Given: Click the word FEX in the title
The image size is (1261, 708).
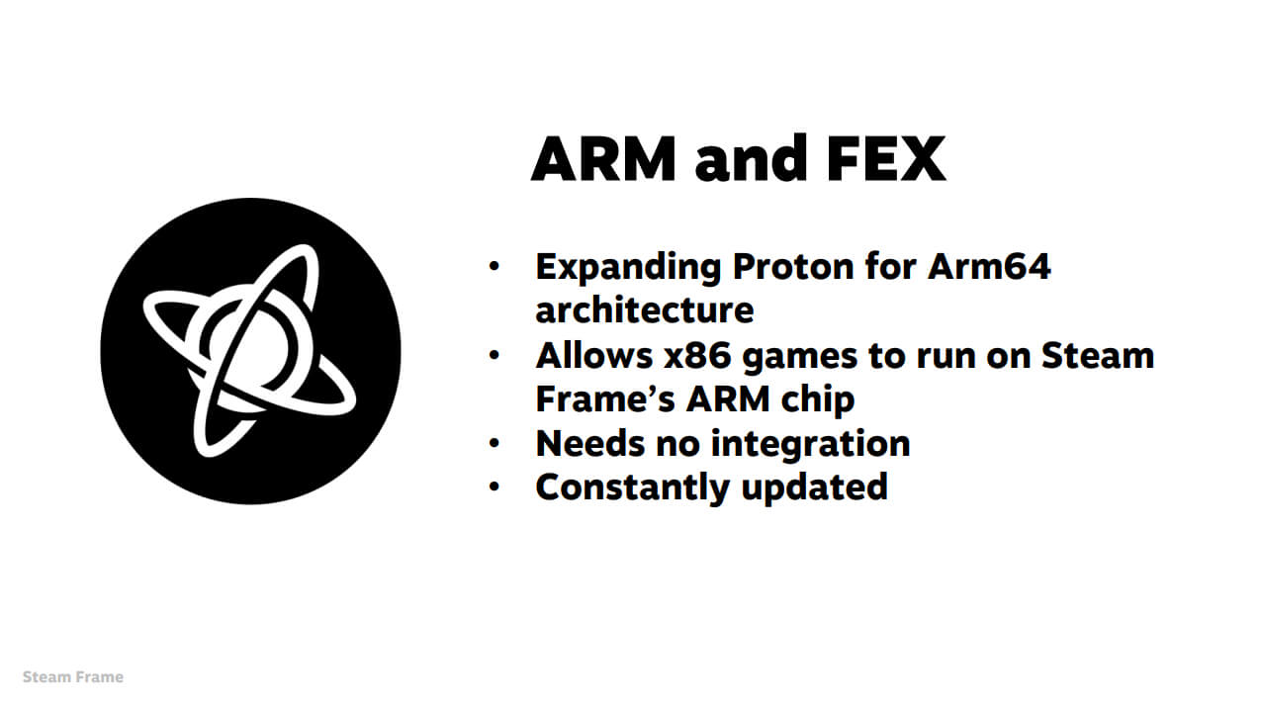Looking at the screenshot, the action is (886, 159).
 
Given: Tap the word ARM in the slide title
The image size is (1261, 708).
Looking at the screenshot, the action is (603, 159).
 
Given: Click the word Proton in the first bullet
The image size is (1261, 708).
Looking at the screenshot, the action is (793, 266).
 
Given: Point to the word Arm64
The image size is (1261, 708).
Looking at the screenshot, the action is (989, 266).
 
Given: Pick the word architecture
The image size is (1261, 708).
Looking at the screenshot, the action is (645, 310).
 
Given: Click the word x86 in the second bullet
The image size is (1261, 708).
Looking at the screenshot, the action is (697, 356).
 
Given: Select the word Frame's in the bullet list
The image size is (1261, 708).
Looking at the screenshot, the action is (605, 399).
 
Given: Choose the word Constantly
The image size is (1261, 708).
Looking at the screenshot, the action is (633, 487).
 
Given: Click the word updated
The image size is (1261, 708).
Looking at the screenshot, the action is (815, 487).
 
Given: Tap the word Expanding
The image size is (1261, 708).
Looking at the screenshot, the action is (628, 268).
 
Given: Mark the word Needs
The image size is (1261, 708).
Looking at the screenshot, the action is (590, 444).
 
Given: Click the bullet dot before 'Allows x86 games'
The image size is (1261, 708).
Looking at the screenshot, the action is (495, 355).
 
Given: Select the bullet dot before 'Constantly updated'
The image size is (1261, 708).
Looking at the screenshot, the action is (495, 487).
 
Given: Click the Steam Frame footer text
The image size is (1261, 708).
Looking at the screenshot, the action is (73, 677).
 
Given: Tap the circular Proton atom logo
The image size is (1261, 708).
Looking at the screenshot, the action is (250, 351).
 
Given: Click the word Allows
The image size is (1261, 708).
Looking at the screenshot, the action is (594, 356).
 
